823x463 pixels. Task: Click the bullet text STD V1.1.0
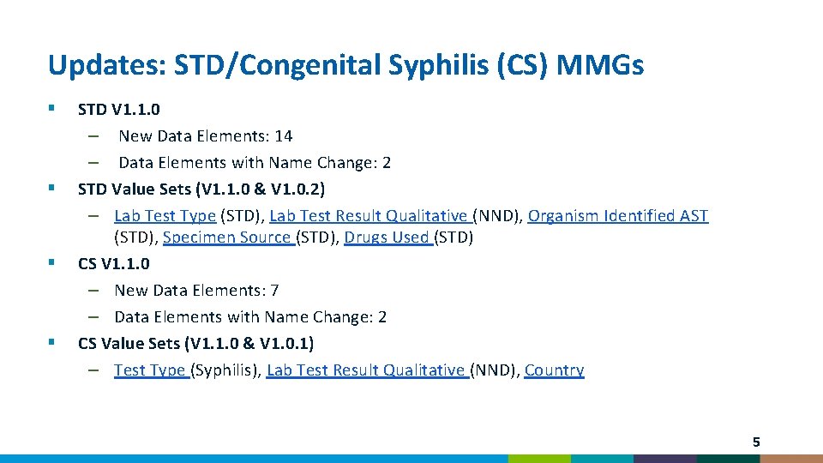coord(118,110)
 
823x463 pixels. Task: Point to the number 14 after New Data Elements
coord(284,136)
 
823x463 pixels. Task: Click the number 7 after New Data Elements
coord(274,291)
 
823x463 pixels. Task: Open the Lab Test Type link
coord(165,216)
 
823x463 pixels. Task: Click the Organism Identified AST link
coord(618,216)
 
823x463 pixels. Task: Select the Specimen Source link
coord(228,238)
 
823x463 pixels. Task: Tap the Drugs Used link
coord(387,238)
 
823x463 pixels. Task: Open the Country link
coord(554,370)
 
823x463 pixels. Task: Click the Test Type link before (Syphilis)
coord(151,370)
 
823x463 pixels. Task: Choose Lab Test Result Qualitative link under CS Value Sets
coord(367,370)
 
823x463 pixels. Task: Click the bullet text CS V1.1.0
coord(113,264)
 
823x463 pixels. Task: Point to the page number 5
coord(755,442)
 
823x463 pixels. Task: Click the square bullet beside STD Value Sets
coord(52,186)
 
